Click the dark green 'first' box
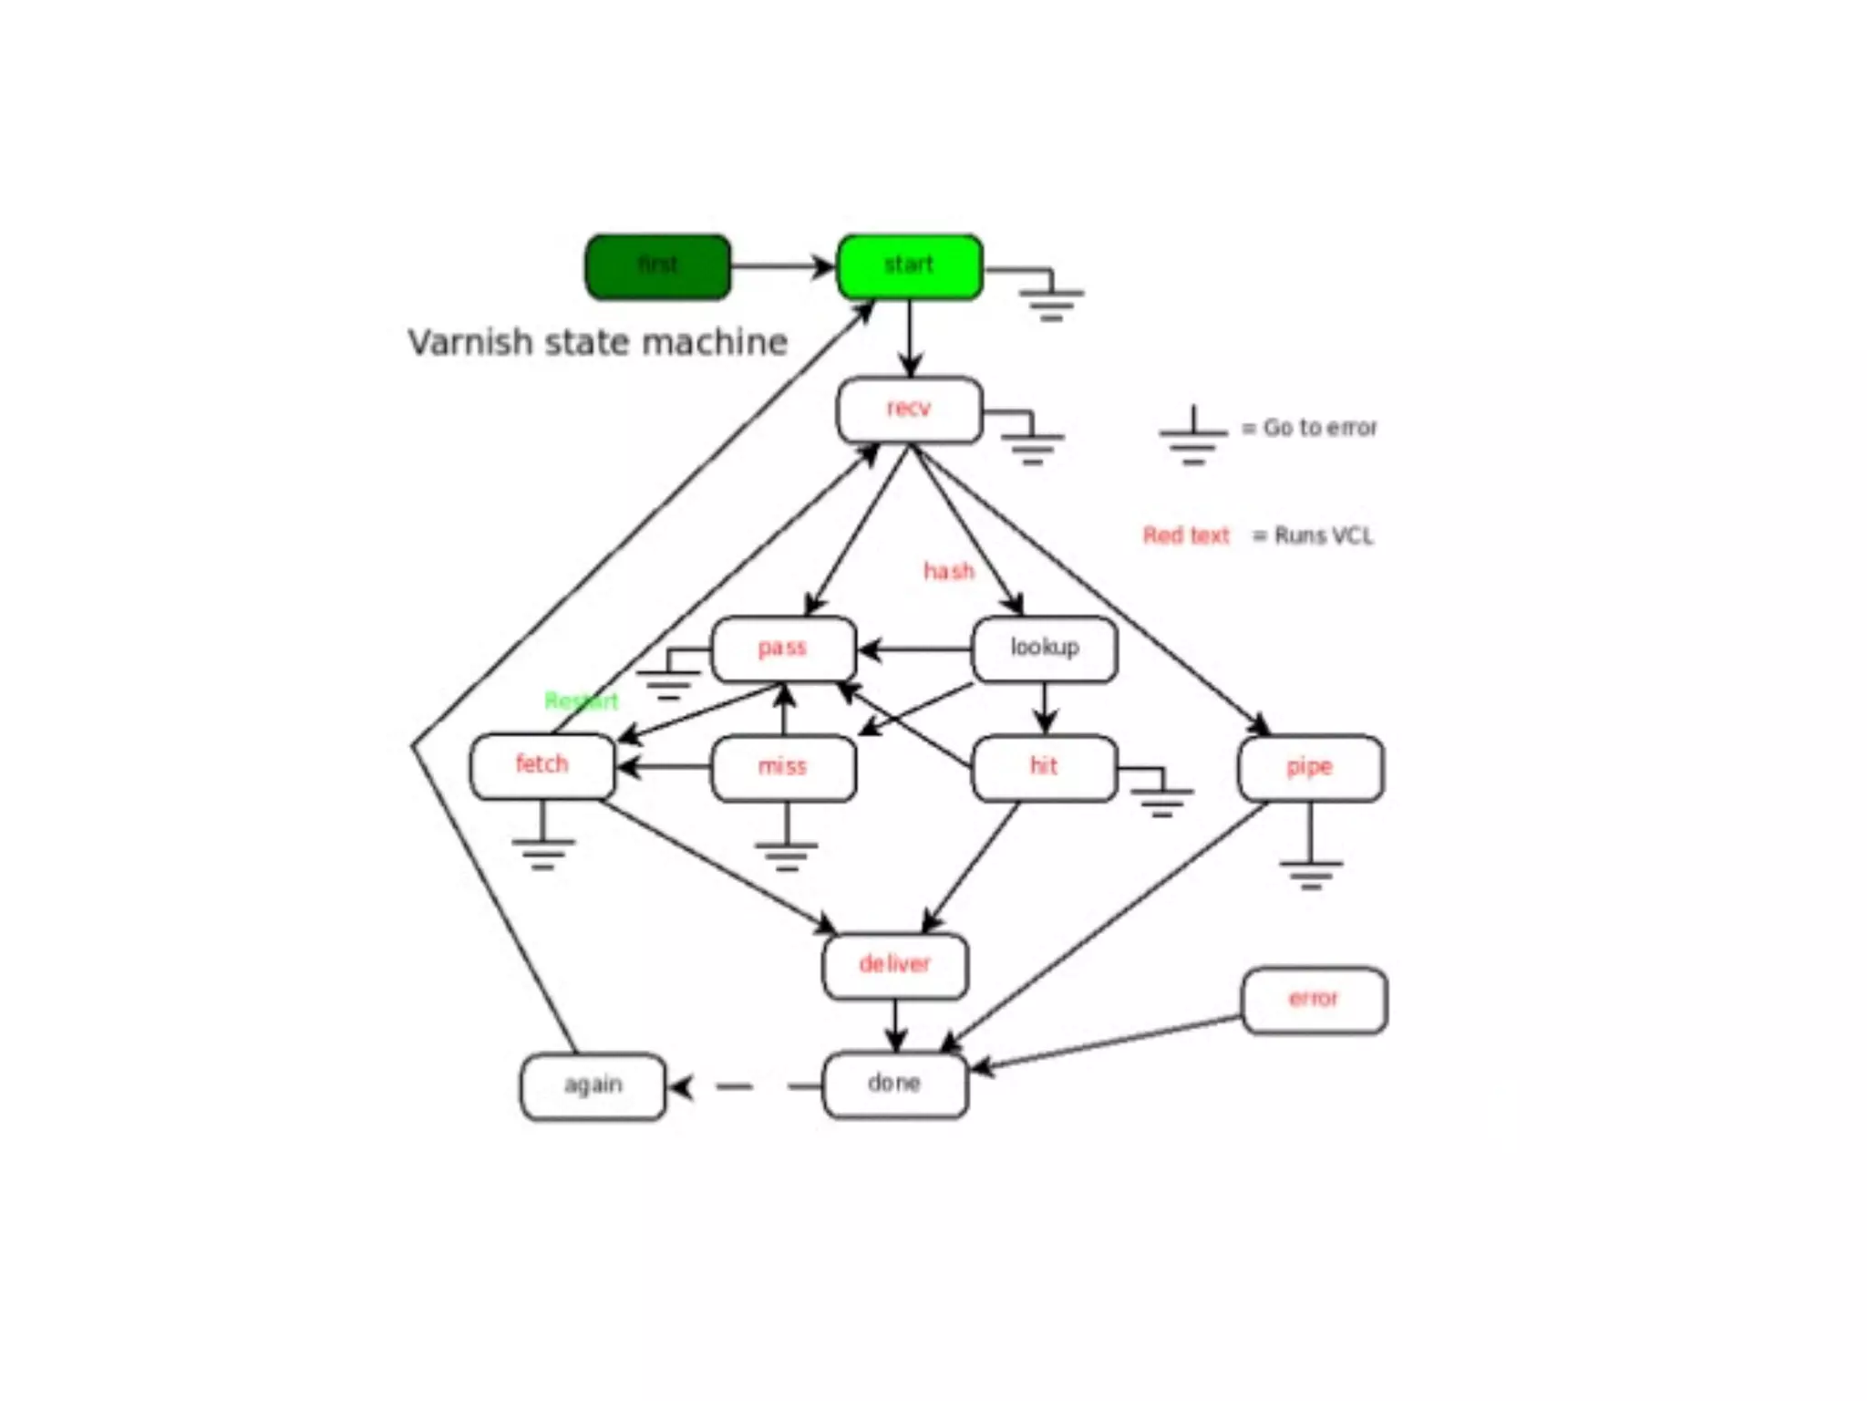pyautogui.click(x=657, y=266)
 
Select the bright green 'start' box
pyautogui.click(x=910, y=266)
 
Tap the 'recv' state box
pyautogui.click(x=910, y=410)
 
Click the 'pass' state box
pyautogui.click(x=783, y=649)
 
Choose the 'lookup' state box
pyautogui.click(x=1045, y=649)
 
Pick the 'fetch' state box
pyautogui.click(x=542, y=765)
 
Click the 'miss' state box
pyautogui.click(x=783, y=767)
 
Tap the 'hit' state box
pyautogui.click(x=1045, y=767)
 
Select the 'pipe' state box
pyautogui.click(x=1310, y=768)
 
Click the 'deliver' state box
pyautogui.click(x=894, y=965)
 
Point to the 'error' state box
pyautogui.click(x=1314, y=1000)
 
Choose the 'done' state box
pyautogui.click(x=894, y=1084)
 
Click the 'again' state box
pyautogui.click(x=593, y=1086)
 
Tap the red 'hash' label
pyautogui.click(x=949, y=572)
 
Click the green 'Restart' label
pyautogui.click(x=581, y=701)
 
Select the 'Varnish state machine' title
pyautogui.click(x=597, y=343)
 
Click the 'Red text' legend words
pyautogui.click(x=1186, y=535)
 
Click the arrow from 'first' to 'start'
pyautogui.click(x=782, y=266)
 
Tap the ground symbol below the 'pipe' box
pyautogui.click(x=1311, y=871)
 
